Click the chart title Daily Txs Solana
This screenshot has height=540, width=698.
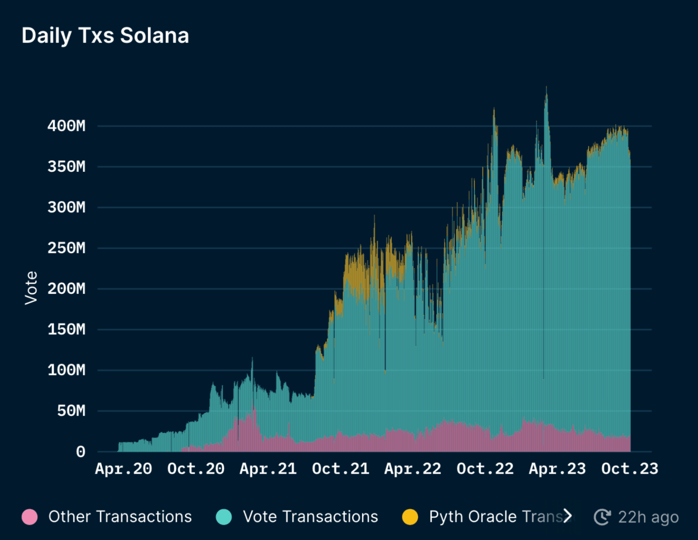pos(105,36)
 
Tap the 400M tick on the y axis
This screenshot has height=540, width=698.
pos(66,126)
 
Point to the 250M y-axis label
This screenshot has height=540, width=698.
pos(66,248)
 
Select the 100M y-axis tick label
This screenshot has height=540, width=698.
pos(66,370)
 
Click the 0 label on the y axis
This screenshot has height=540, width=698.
pos(80,452)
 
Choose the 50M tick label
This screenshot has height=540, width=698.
pos(71,411)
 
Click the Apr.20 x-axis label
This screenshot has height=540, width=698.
pos(123,469)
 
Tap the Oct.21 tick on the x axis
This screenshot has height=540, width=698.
pos(340,469)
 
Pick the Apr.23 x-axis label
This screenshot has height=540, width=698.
pos(557,469)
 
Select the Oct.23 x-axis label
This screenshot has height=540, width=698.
pos(629,469)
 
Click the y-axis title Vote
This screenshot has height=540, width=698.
pos(31,288)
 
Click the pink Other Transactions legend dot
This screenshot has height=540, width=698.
pos(30,517)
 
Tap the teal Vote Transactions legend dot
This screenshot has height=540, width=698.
pos(224,517)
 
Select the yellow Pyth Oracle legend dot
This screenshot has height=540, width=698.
pos(410,517)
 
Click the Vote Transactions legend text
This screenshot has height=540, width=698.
pos(311,517)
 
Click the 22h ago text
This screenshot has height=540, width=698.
pos(648,517)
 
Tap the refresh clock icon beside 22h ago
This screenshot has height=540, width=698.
pos(602,517)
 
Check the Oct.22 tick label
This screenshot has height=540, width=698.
pos(485,469)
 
